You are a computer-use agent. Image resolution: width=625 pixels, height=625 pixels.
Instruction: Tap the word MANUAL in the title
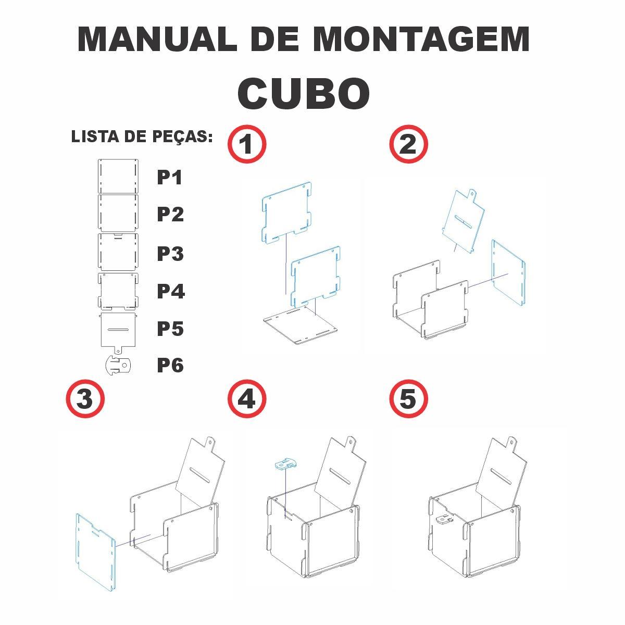tap(157, 39)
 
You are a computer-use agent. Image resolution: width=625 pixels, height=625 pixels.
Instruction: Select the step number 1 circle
tap(247, 144)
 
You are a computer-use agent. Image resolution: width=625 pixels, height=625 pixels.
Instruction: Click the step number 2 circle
tap(408, 144)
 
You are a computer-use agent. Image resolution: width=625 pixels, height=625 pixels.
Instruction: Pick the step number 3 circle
tap(85, 398)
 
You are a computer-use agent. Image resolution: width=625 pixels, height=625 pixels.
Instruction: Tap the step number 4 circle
tap(247, 398)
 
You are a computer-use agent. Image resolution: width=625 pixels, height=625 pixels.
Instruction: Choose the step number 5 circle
tap(408, 398)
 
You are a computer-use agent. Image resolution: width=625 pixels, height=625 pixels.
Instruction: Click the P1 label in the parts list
tap(169, 178)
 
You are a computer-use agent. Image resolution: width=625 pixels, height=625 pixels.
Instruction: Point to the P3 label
tap(170, 254)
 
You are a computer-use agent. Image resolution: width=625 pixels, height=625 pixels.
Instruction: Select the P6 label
tap(170, 366)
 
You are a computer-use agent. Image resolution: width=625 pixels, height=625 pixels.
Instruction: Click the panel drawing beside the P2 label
tap(118, 213)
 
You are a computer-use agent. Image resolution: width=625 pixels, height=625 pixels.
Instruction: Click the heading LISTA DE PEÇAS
tap(142, 137)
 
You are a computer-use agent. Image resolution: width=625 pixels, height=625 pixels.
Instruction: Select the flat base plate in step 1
tap(300, 326)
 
